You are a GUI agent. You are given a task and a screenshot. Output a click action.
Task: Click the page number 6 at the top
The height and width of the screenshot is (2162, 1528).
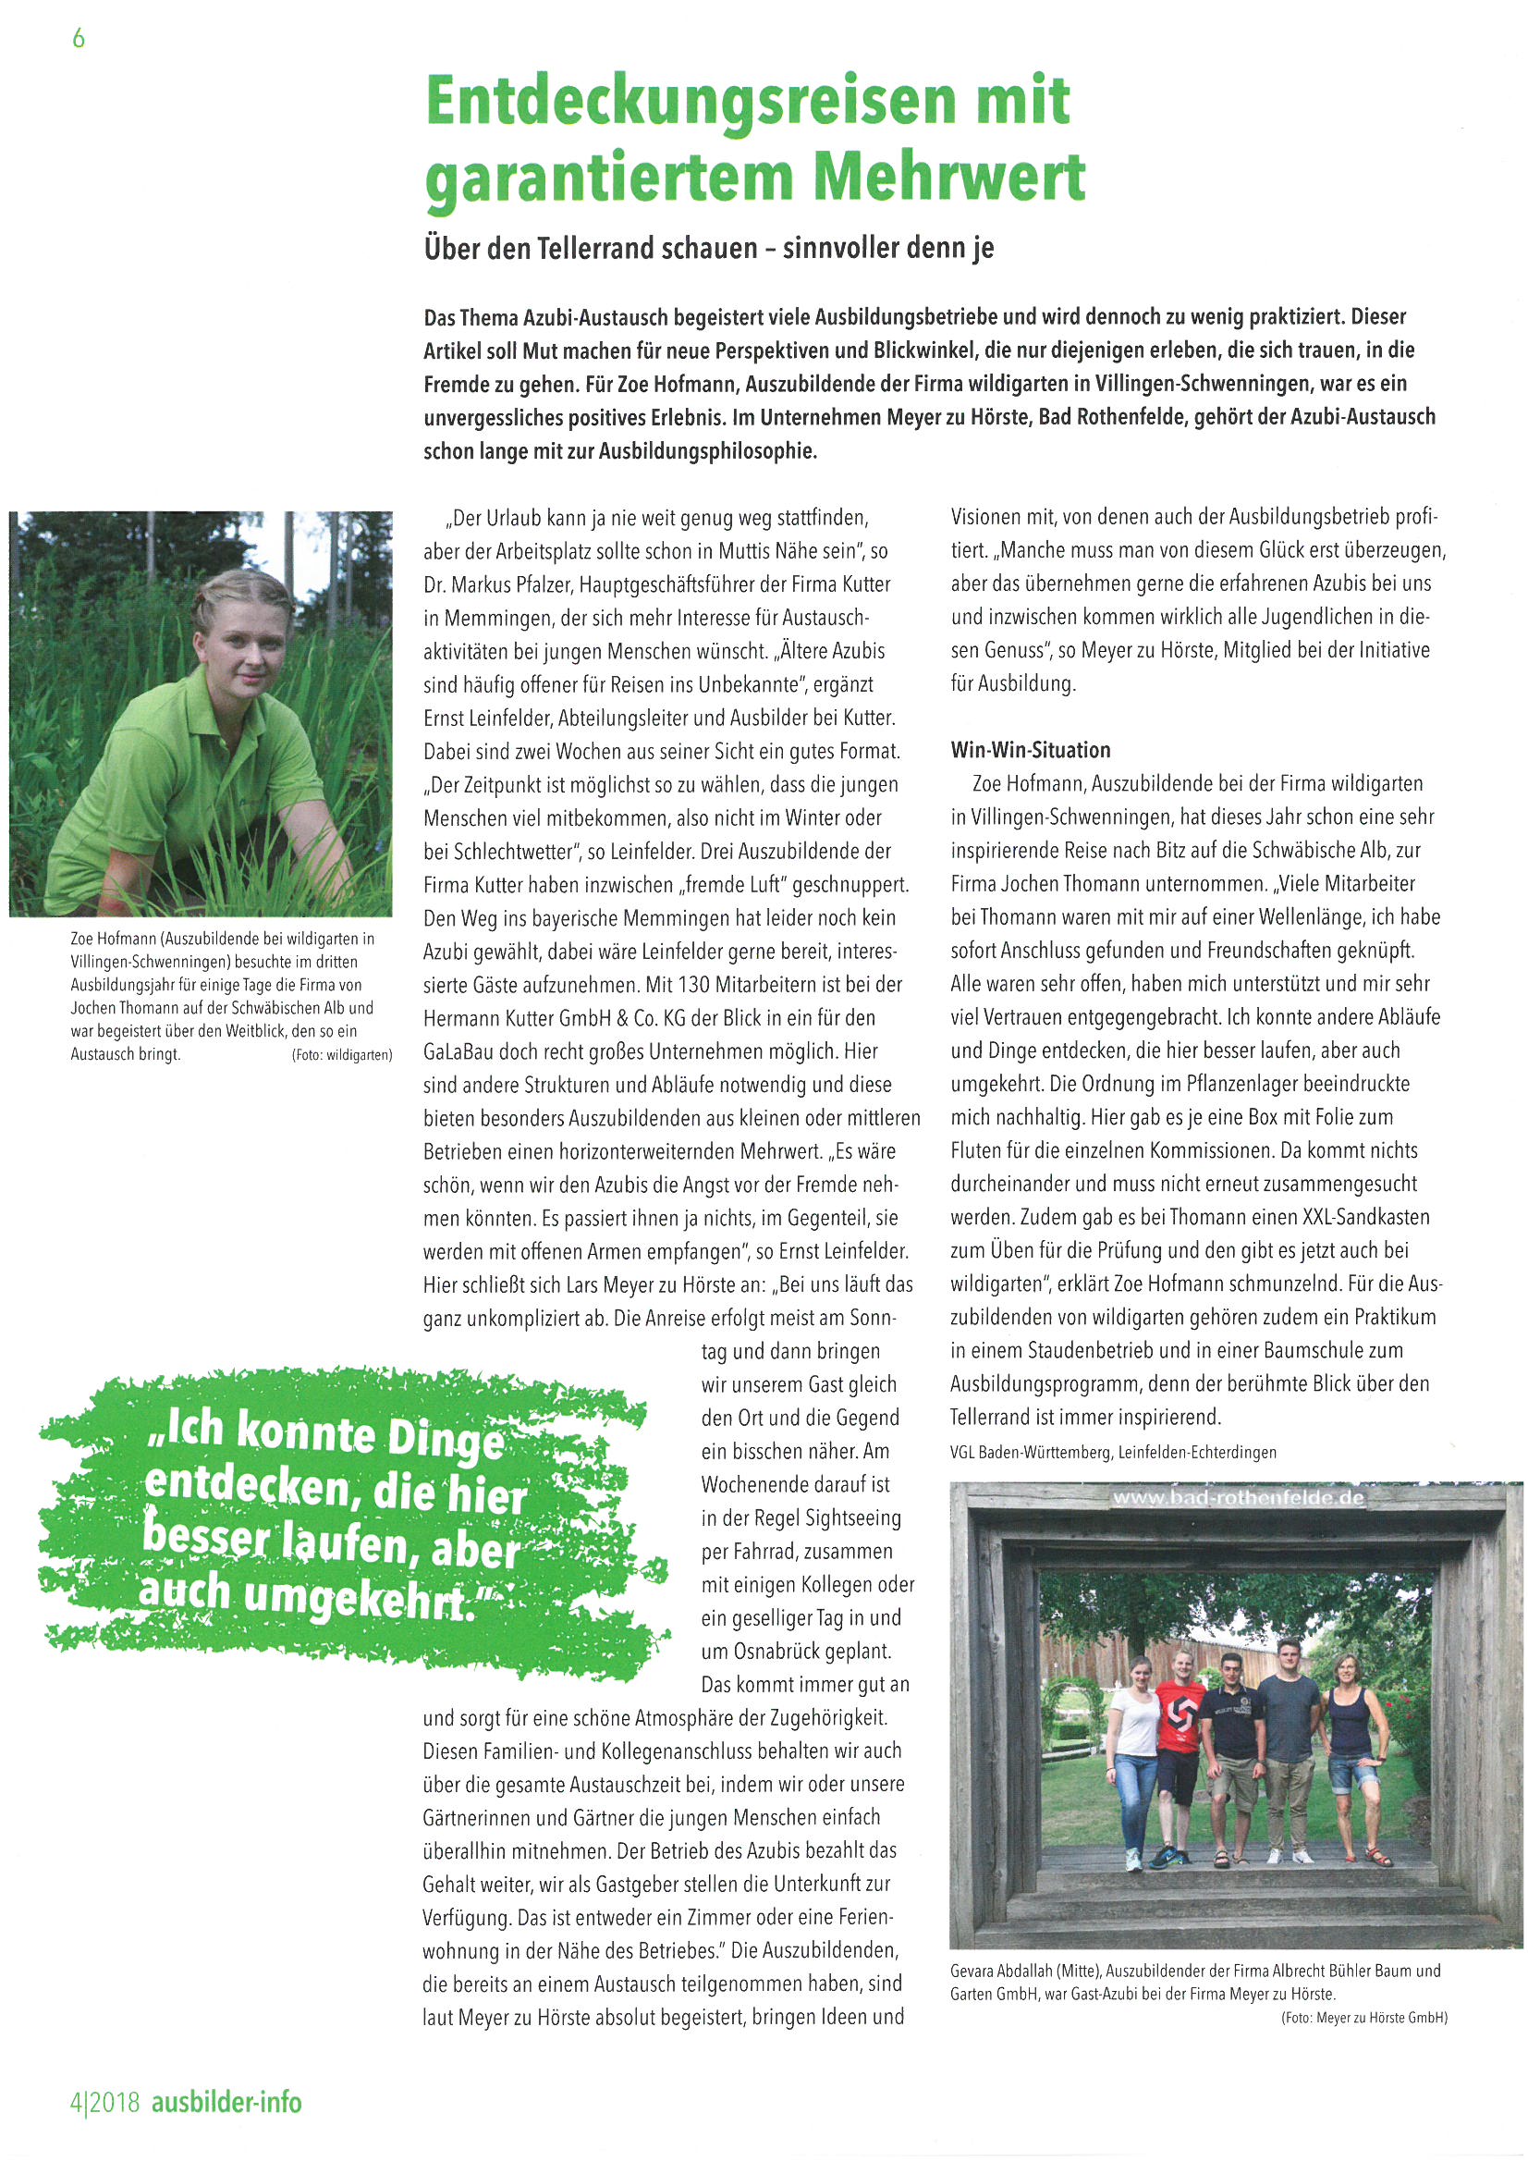79,38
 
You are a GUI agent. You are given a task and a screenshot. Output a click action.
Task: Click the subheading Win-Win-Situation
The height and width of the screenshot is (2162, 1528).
1030,751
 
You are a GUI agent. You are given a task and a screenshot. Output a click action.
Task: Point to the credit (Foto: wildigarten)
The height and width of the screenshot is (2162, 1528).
342,1056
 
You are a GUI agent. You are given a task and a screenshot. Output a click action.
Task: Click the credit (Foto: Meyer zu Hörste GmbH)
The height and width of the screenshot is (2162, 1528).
1363,2017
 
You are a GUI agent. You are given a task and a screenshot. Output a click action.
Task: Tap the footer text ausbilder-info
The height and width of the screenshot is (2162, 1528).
226,2103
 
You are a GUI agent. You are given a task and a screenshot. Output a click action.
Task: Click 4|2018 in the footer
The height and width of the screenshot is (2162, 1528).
104,2103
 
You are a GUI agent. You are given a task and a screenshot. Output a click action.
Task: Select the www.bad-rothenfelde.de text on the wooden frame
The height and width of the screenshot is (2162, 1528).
1237,1498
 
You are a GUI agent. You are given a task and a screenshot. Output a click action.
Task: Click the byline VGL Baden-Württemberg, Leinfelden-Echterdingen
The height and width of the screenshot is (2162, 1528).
1113,1452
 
